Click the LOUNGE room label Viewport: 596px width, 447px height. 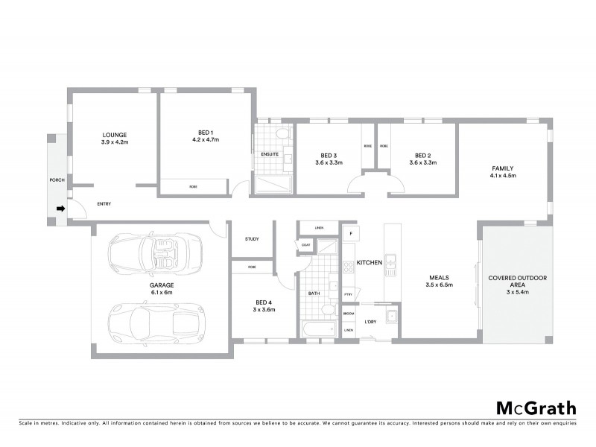click(x=115, y=135)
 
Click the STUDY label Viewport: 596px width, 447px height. click(x=252, y=239)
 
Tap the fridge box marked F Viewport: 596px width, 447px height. click(x=350, y=233)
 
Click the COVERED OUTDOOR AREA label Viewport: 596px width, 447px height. click(x=518, y=281)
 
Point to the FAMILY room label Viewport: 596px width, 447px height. click(x=504, y=168)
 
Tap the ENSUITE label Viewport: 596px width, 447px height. click(x=270, y=154)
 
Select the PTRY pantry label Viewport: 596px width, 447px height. click(x=348, y=295)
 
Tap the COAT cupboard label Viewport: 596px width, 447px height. click(x=305, y=244)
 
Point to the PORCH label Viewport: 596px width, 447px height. click(x=54, y=180)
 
